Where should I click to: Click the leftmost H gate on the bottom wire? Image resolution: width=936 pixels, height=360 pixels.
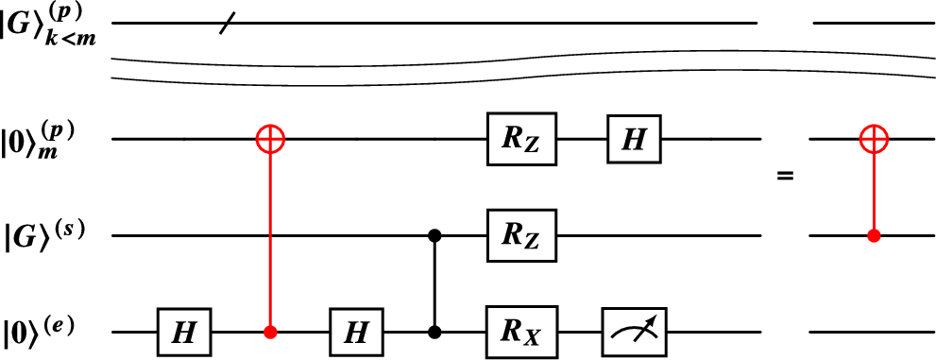pos(186,332)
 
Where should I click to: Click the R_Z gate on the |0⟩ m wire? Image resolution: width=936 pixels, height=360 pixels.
pos(521,140)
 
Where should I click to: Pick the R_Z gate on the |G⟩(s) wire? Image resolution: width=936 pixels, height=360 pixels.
pos(521,235)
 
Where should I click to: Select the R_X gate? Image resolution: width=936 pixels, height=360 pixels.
pos(521,332)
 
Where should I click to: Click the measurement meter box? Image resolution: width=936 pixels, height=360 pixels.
pos(635,332)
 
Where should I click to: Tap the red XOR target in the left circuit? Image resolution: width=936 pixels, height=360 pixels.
pos(271,140)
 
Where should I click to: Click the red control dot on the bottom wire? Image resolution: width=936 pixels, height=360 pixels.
pos(271,332)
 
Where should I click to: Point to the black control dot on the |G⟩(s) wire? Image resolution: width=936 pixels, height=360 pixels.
pos(435,235)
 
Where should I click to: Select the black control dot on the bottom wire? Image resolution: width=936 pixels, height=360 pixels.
pos(435,332)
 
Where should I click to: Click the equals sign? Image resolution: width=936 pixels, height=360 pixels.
pos(784,175)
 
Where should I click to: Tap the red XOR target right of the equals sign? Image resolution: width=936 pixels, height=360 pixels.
pos(875,140)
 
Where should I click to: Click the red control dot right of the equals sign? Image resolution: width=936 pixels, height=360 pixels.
pos(875,235)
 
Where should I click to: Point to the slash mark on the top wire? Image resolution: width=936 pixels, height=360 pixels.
pos(226,23)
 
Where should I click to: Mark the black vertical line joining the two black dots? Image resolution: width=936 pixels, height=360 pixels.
pos(435,283)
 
